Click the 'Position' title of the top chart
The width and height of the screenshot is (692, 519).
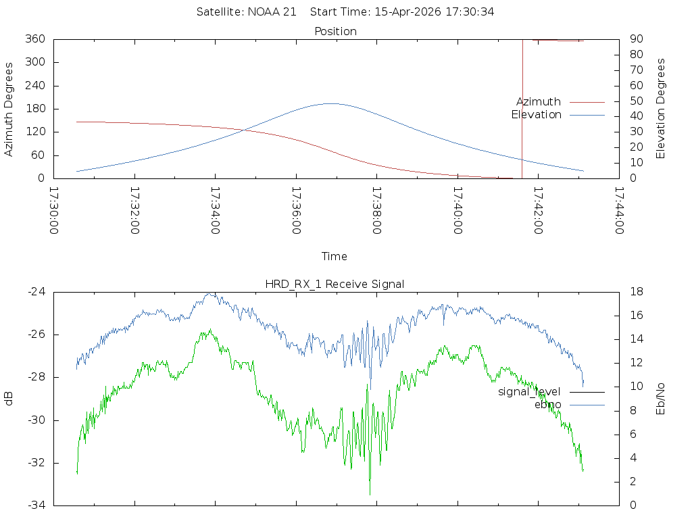click(x=335, y=31)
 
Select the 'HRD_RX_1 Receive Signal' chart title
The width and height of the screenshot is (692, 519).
click(x=335, y=285)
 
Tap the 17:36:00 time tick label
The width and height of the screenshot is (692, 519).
click(x=296, y=211)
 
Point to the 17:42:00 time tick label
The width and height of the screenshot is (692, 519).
click(x=538, y=211)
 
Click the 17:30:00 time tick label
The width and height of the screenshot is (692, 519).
click(x=54, y=211)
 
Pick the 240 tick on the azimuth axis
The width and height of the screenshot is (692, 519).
click(x=35, y=85)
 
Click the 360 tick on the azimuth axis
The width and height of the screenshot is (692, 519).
click(x=35, y=39)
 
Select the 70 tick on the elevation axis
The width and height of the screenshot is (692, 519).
click(x=636, y=70)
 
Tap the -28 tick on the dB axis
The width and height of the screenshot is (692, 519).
click(x=36, y=377)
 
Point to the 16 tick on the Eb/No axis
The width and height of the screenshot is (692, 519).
click(x=637, y=315)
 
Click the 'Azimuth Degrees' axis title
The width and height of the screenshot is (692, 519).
click(x=8, y=109)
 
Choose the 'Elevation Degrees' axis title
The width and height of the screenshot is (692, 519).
click(x=660, y=109)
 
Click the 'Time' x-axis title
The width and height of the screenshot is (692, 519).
click(x=334, y=256)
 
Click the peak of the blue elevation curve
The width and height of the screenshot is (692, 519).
click(x=331, y=103)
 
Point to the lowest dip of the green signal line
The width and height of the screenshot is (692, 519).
click(x=370, y=494)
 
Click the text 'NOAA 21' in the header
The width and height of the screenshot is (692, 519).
click(x=272, y=12)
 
